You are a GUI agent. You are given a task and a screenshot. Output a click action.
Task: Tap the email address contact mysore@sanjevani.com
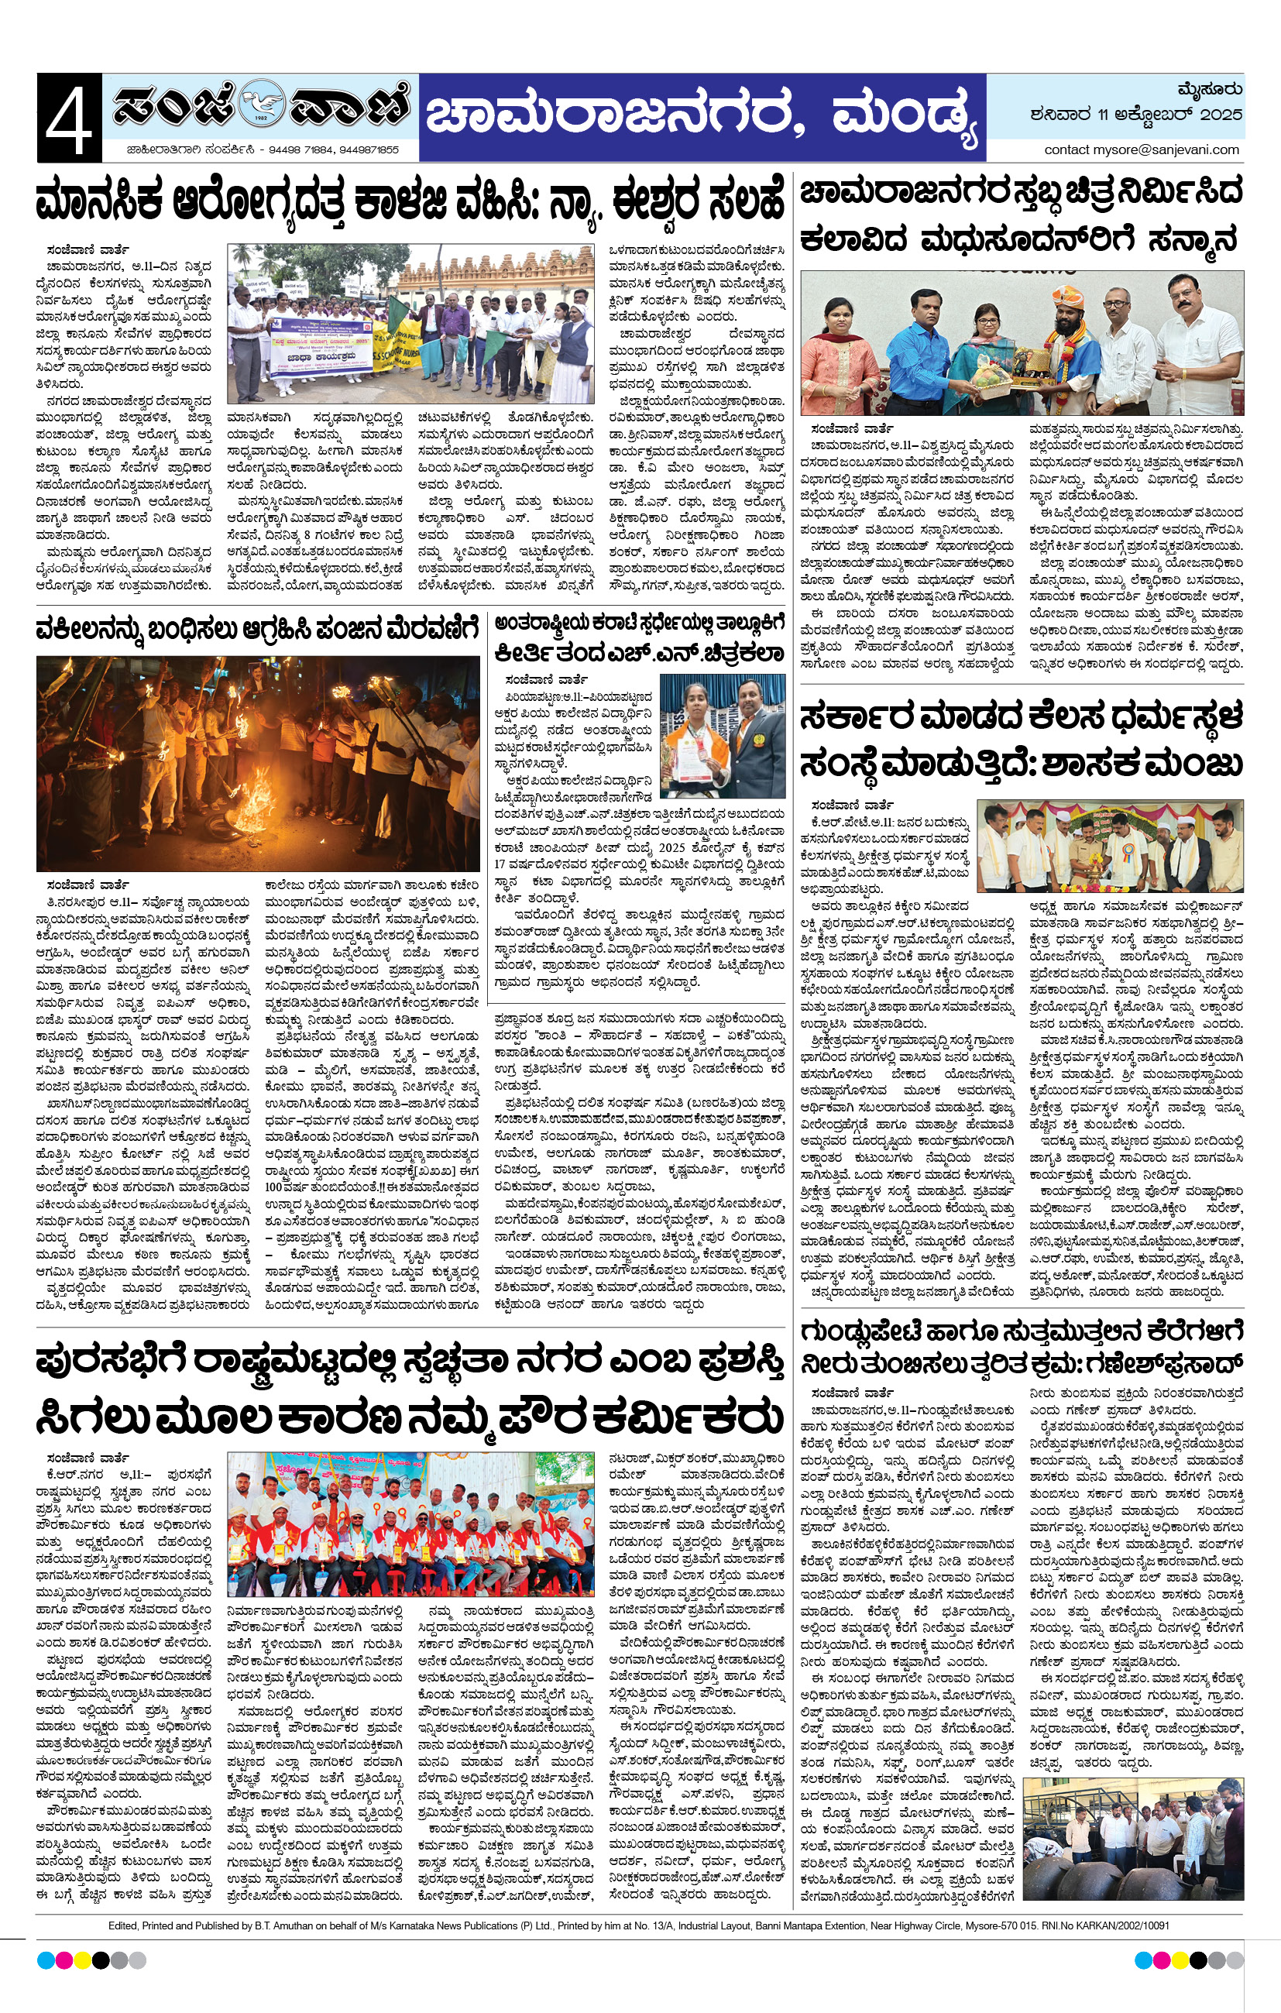click(x=1142, y=149)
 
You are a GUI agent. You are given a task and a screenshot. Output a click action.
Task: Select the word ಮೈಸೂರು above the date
click(x=1208, y=88)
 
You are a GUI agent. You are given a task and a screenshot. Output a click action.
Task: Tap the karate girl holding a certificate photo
click(x=722, y=736)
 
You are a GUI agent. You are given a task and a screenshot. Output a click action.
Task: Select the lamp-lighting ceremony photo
click(x=1109, y=845)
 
